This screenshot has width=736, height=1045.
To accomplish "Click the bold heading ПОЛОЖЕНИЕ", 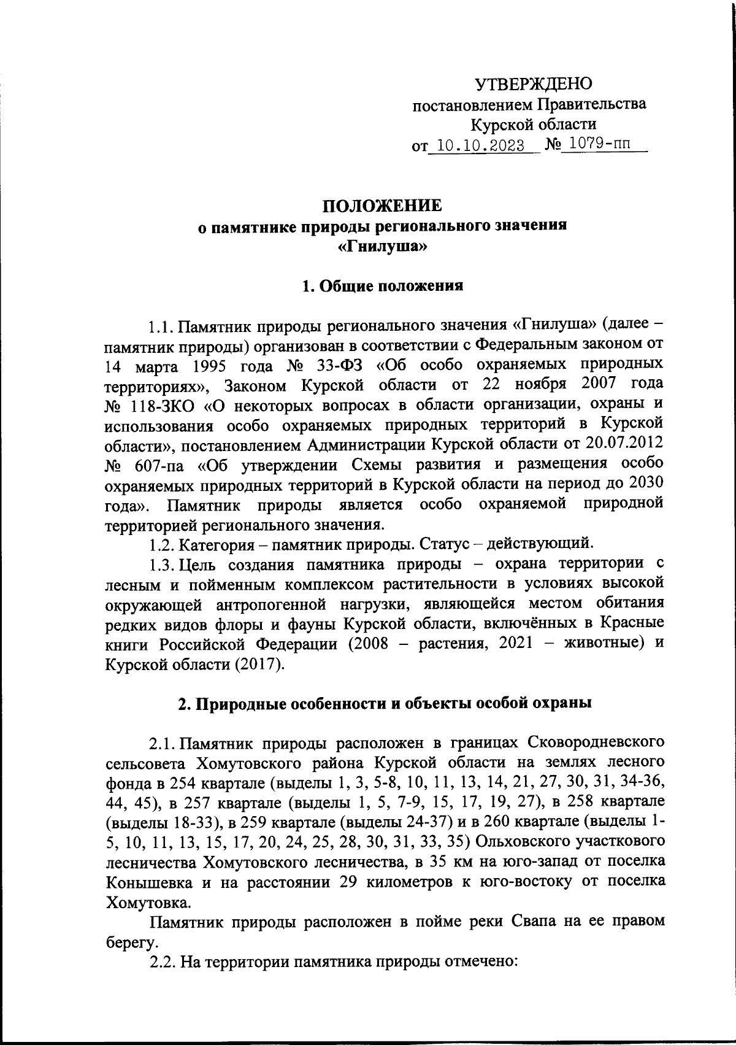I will pos(382,205).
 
